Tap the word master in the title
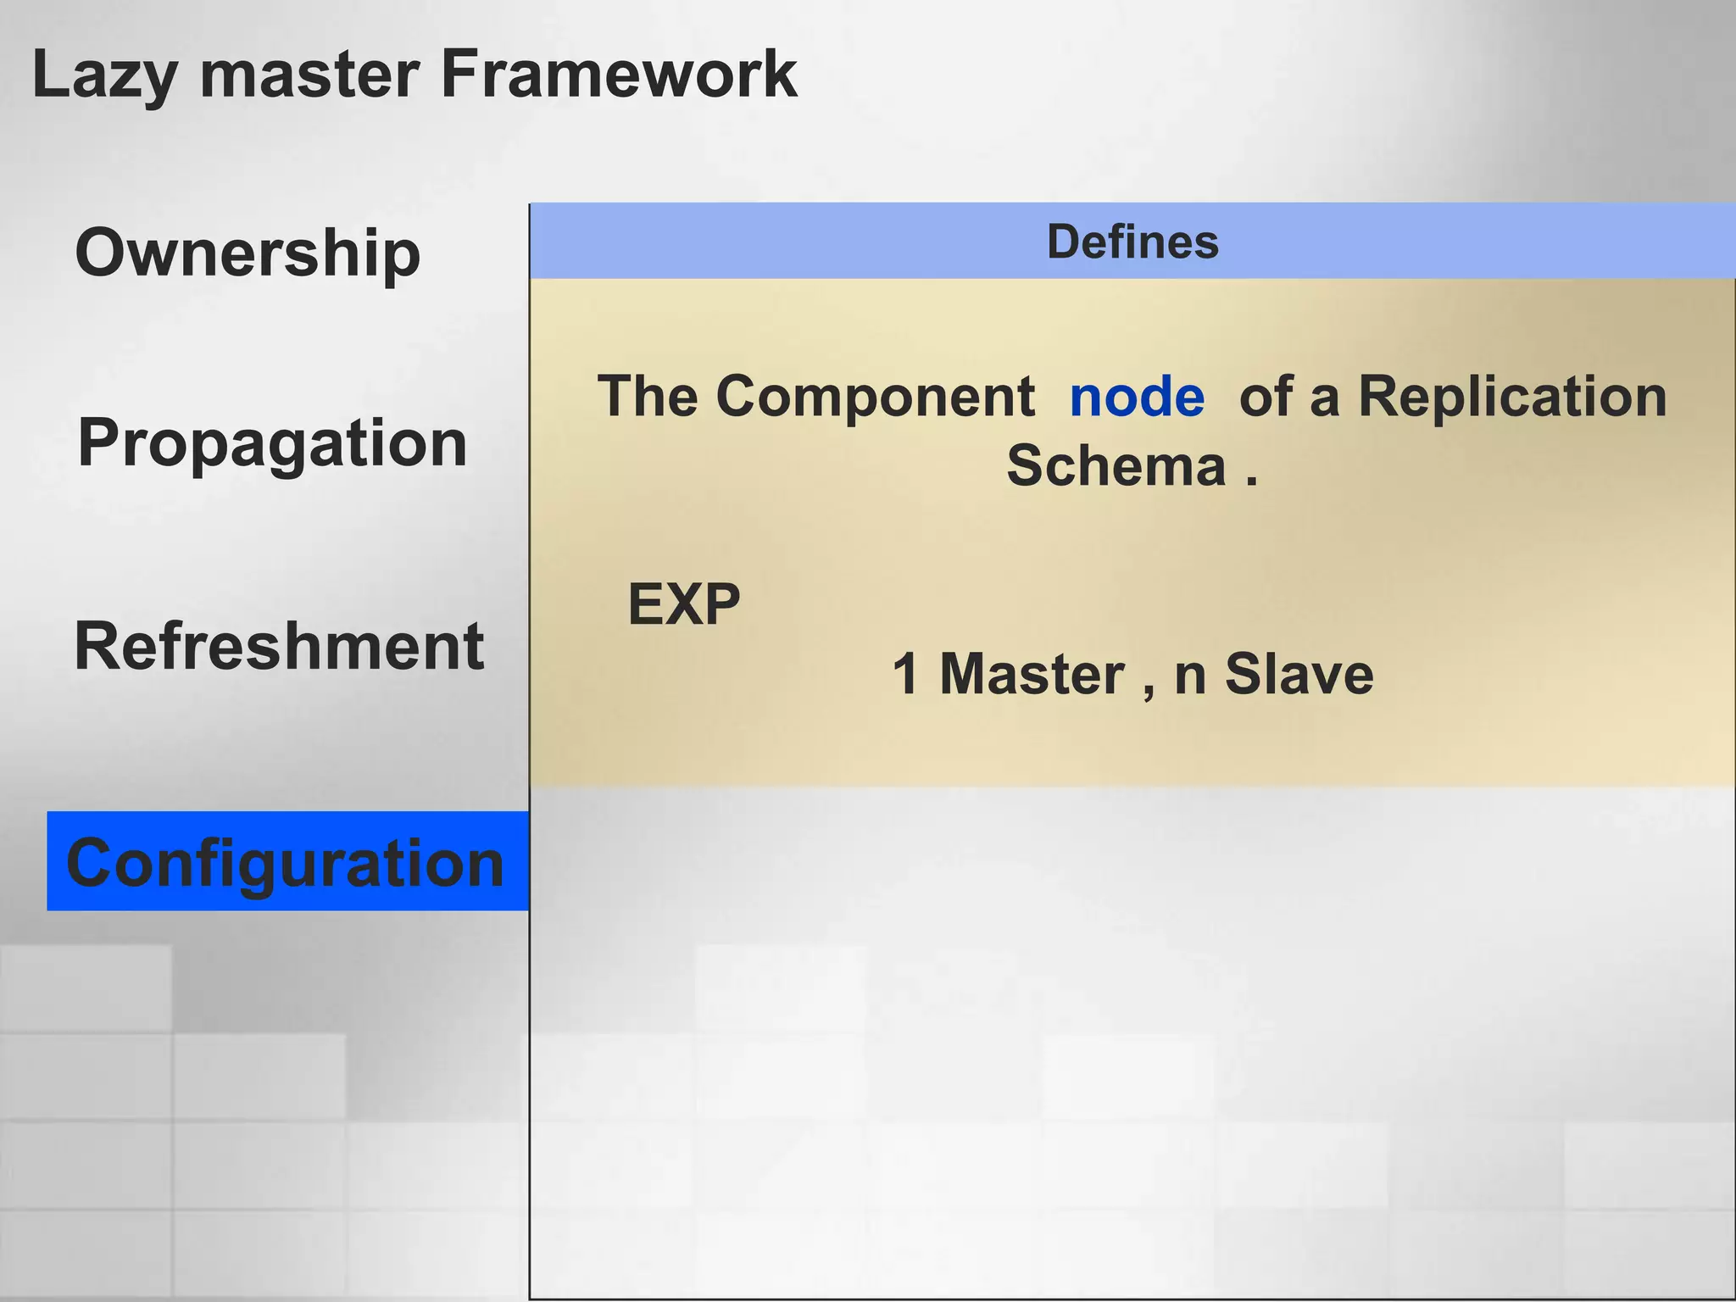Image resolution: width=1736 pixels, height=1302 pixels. click(x=309, y=75)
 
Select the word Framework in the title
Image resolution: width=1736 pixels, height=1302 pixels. click(x=618, y=75)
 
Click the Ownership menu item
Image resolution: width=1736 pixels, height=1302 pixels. click(x=248, y=253)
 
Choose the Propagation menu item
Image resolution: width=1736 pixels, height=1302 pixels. click(x=272, y=444)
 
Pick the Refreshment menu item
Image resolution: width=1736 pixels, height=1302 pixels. click(x=279, y=646)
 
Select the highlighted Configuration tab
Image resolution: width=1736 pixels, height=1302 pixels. click(x=287, y=862)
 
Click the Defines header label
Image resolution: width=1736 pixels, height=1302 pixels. click(x=1132, y=242)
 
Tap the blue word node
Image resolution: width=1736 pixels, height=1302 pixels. click(x=1137, y=397)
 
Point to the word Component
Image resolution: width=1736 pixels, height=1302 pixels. click(x=875, y=397)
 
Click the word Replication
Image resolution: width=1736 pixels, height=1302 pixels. click(x=1512, y=397)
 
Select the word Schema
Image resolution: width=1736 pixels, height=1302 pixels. click(x=1116, y=466)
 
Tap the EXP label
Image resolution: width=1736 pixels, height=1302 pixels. click(x=684, y=605)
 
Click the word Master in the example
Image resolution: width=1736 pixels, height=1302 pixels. click(x=1032, y=675)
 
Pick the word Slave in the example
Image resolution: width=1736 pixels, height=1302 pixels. click(x=1299, y=675)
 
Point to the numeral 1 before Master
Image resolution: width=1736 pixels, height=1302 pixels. click(x=906, y=675)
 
